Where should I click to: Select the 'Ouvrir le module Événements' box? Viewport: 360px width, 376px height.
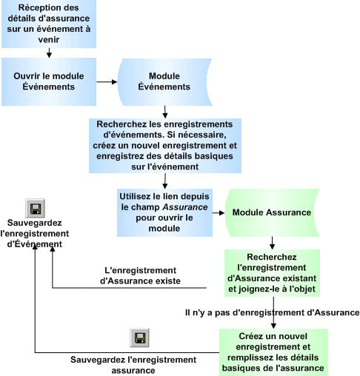tap(49, 81)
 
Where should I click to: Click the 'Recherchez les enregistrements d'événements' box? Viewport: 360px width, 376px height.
tap(164, 145)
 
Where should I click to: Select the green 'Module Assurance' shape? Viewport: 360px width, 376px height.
tap(271, 212)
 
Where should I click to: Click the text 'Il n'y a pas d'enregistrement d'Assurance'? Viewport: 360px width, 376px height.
tap(271, 312)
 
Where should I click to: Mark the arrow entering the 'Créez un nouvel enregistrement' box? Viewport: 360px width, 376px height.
tap(273, 323)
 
